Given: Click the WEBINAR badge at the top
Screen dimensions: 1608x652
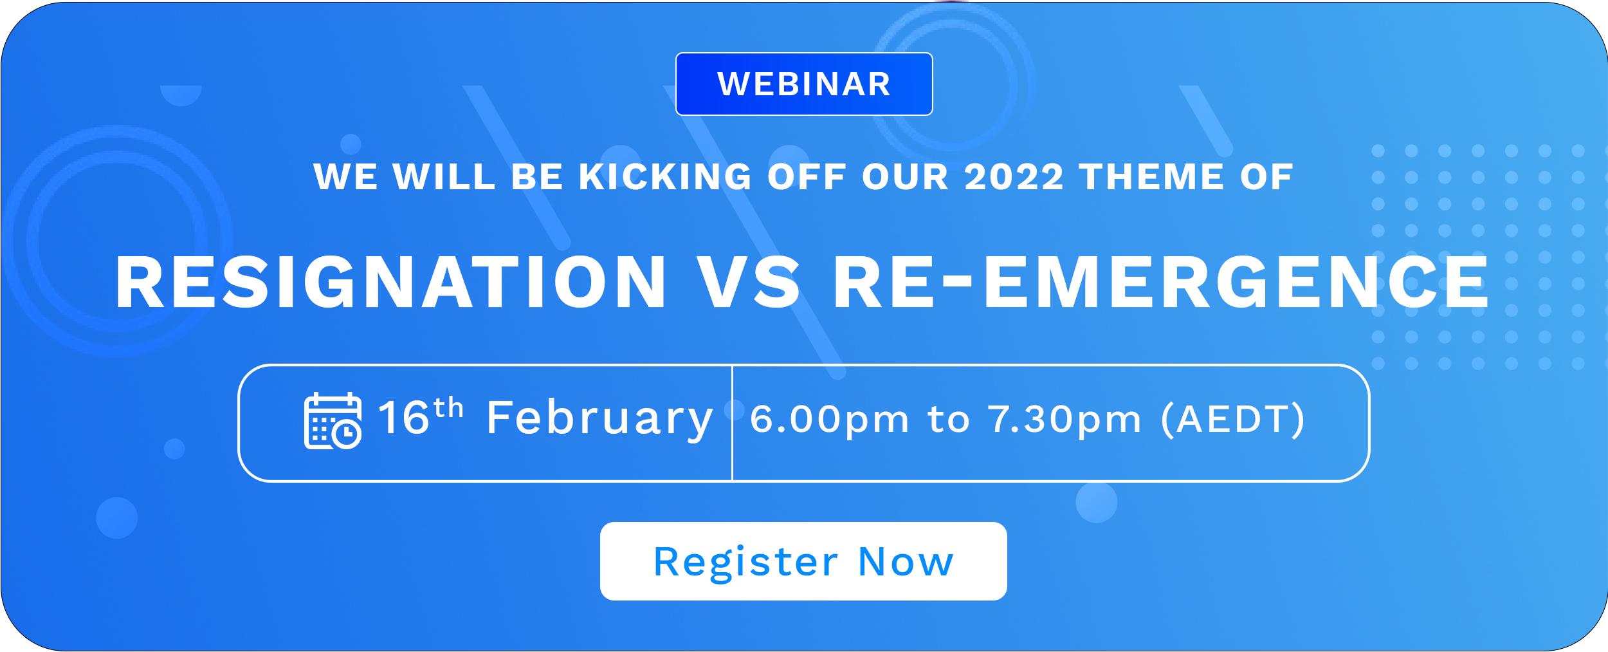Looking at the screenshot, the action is click(804, 84).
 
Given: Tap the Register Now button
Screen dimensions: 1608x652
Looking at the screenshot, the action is click(803, 561).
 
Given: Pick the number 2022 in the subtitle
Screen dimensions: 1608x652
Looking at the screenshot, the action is click(1014, 177).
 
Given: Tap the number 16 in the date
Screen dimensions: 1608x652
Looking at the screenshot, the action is click(403, 418).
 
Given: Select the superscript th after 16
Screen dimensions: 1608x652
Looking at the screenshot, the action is click(448, 407).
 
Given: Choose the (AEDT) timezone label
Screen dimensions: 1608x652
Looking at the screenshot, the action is click(1234, 420).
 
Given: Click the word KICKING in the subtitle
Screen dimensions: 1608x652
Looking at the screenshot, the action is click(665, 177).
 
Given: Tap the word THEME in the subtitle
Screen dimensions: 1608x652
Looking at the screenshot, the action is click(1151, 177).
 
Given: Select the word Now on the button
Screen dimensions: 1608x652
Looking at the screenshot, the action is click(906, 562).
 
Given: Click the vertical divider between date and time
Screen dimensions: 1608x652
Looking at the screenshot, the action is click(732, 423).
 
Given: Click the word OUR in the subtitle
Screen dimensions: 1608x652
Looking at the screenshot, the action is click(906, 177).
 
